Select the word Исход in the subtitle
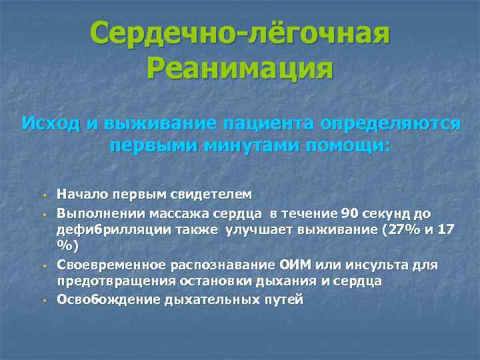(x=49, y=124)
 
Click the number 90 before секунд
(x=349, y=213)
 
